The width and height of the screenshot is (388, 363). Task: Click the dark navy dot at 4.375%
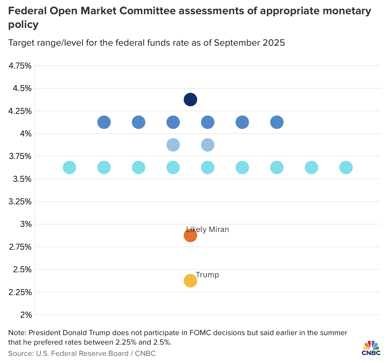pyautogui.click(x=190, y=99)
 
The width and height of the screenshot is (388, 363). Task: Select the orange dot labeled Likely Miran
pyautogui.click(x=190, y=236)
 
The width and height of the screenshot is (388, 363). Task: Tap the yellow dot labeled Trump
pyautogui.click(x=190, y=281)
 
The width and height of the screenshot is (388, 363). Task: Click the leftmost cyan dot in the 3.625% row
pyautogui.click(x=70, y=168)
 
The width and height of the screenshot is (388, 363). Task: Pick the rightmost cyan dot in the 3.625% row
pyautogui.click(x=346, y=168)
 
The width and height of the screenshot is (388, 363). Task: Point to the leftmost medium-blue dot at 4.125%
pyautogui.click(x=104, y=122)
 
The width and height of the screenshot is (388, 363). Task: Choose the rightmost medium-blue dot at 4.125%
pyautogui.click(x=277, y=122)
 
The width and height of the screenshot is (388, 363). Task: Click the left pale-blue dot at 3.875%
pyautogui.click(x=173, y=145)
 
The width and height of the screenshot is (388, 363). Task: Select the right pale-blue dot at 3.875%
pyautogui.click(x=208, y=145)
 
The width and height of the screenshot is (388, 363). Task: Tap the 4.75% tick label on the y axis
pyautogui.click(x=20, y=66)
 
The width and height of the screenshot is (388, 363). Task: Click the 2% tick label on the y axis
pyautogui.click(x=26, y=315)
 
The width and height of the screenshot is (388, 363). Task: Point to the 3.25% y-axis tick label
pyautogui.click(x=20, y=202)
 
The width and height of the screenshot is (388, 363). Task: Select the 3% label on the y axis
pyautogui.click(x=26, y=225)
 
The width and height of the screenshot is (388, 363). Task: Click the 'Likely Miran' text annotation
pyautogui.click(x=208, y=230)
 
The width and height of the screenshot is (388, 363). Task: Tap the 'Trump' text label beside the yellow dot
pyautogui.click(x=207, y=275)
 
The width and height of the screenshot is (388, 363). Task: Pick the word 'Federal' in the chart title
pyautogui.click(x=27, y=12)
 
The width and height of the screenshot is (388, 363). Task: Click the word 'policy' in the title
pyautogui.click(x=23, y=25)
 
